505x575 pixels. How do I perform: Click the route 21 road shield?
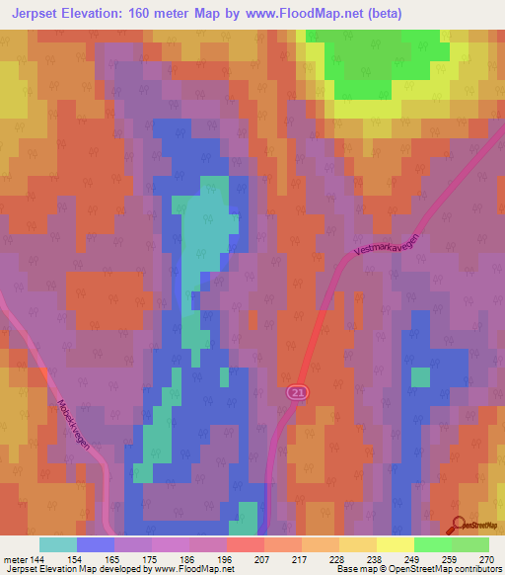(297, 393)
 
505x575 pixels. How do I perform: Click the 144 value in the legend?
(36, 559)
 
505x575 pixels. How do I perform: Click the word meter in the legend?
(14, 559)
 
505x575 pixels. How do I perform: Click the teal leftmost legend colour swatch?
(58, 544)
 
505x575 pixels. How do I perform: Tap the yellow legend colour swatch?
(395, 544)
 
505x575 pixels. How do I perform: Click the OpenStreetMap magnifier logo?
(459, 526)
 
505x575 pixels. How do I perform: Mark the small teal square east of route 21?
(420, 377)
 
